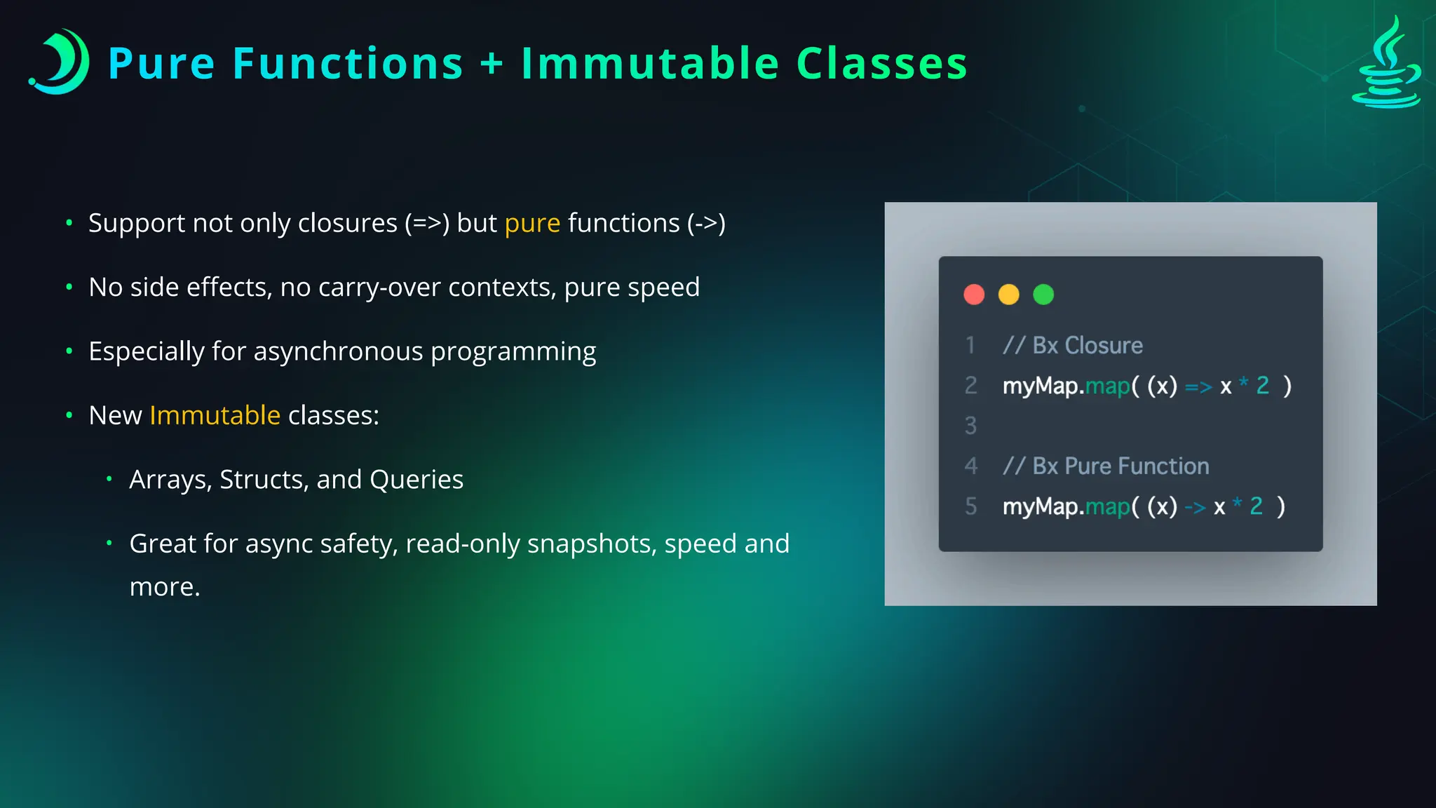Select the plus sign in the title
pyautogui.click(x=492, y=63)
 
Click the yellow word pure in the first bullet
pyautogui.click(x=532, y=223)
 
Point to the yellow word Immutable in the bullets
pyautogui.click(x=215, y=415)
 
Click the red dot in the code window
pyautogui.click(x=974, y=295)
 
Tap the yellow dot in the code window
pyautogui.click(x=1008, y=295)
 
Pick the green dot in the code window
pyautogui.click(x=1043, y=295)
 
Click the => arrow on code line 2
pyautogui.click(x=1198, y=386)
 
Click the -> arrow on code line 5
pyautogui.click(x=1195, y=507)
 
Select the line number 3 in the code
pyautogui.click(x=970, y=426)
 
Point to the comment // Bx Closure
pyautogui.click(x=1073, y=346)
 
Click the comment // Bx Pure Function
pyautogui.click(x=1106, y=466)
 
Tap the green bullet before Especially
pyautogui.click(x=69, y=351)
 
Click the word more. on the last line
pyautogui.click(x=165, y=587)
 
